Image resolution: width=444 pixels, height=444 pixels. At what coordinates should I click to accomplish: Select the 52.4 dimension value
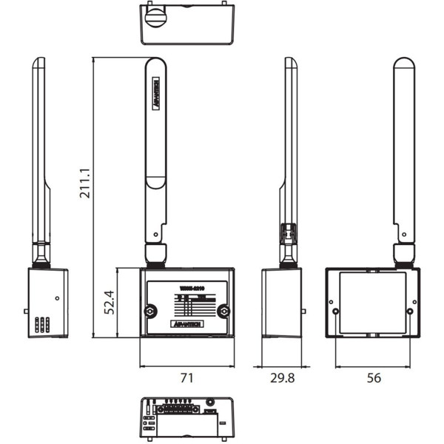[x=110, y=302]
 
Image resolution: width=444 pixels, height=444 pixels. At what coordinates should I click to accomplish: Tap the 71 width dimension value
[x=186, y=378]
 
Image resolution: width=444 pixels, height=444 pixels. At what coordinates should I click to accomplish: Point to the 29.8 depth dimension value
[x=282, y=378]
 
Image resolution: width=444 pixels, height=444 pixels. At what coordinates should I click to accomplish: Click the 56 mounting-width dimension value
[x=374, y=378]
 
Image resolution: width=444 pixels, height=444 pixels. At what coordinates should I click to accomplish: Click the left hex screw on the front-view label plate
[x=150, y=311]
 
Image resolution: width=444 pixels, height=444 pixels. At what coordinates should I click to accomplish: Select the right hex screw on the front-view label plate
[x=223, y=311]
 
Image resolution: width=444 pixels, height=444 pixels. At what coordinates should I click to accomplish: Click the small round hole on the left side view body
[x=57, y=299]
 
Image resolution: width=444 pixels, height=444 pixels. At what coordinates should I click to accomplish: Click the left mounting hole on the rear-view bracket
[x=337, y=311]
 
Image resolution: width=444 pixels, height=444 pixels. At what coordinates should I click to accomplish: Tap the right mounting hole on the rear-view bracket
[x=410, y=311]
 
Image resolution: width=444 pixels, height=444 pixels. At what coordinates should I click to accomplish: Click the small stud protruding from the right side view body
[x=303, y=312]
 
